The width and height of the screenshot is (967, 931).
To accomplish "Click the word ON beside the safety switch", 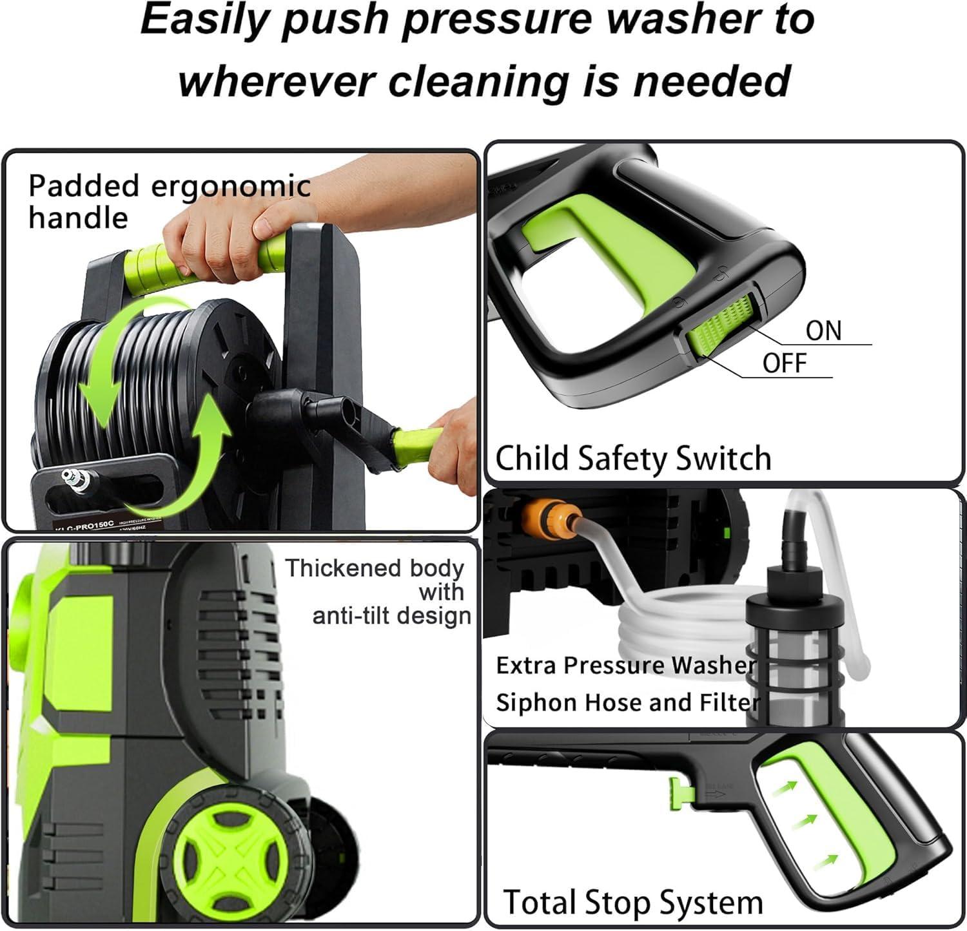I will click(823, 331).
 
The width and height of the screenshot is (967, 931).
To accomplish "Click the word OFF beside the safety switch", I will click(784, 363).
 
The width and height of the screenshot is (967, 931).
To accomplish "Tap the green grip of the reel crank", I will click(417, 444).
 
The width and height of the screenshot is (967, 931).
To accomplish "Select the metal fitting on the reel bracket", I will click(77, 481).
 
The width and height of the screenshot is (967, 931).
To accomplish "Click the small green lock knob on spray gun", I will click(677, 792).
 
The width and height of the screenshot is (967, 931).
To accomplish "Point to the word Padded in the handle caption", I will click(84, 187).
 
